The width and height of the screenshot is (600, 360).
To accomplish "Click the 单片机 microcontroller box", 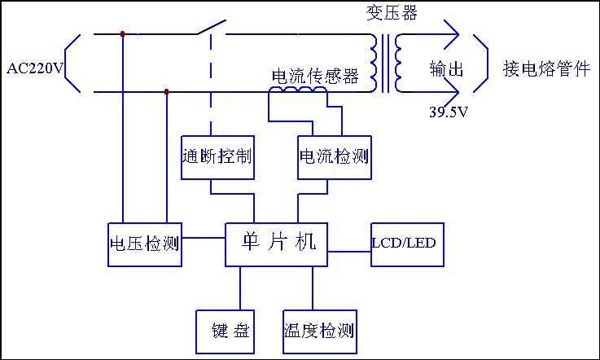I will (277, 244).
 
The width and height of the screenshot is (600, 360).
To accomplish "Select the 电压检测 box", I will (144, 244).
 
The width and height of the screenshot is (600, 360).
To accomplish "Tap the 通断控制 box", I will (216, 156).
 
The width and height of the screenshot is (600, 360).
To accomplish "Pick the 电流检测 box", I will (334, 156).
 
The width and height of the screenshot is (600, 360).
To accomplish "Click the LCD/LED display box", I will (408, 244).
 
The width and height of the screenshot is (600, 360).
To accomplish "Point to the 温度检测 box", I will (318, 331).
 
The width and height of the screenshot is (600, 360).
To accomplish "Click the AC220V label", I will (34, 68).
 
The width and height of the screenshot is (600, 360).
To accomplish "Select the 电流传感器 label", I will (314, 77).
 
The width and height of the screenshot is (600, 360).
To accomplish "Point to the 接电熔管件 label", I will (545, 68).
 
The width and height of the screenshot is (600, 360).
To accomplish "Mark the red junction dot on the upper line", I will (122, 34).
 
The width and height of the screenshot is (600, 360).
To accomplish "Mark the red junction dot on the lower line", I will (167, 92).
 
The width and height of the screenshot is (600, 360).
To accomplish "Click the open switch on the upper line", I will (208, 29).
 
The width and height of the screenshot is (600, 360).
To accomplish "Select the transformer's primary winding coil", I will (375, 63).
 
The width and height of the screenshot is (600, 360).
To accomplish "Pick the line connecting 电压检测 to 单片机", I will (204, 238).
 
